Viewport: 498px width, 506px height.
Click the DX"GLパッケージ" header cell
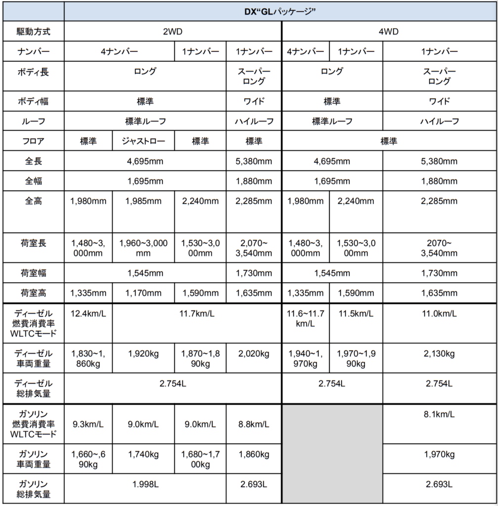coord(280,12)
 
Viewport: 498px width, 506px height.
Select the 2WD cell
coord(173,32)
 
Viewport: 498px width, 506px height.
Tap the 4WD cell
coord(388,32)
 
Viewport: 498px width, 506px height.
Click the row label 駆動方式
coord(34,32)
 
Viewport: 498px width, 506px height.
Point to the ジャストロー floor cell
coord(143,141)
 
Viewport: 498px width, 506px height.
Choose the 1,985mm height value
coord(143,201)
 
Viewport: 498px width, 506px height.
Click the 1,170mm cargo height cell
coord(143,293)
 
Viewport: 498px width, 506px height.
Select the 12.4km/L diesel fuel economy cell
coord(88,314)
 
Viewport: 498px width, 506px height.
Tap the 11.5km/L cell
coord(356,314)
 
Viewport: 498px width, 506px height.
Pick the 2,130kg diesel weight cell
coord(439,354)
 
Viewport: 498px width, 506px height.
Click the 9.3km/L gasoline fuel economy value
coord(88,424)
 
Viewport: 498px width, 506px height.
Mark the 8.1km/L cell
coord(439,415)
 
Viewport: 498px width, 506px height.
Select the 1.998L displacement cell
coord(145,484)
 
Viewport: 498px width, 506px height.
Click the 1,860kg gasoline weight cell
coord(254,454)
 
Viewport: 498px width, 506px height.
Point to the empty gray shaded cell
coord(332,454)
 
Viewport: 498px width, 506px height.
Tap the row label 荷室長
coord(34,244)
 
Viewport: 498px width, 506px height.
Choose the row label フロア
coord(34,141)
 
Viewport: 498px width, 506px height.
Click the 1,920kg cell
coord(143,354)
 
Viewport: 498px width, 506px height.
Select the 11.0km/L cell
coord(439,314)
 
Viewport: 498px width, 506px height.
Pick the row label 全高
coord(34,201)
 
